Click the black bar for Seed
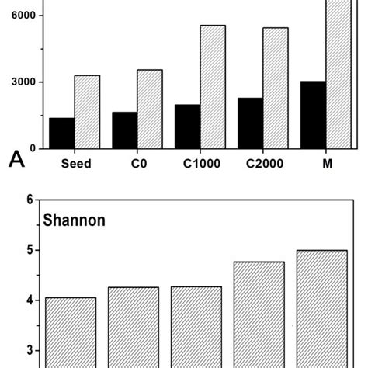pyautogui.click(x=61, y=133)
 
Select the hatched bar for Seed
pyautogui.click(x=87, y=112)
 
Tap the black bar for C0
pyautogui.click(x=124, y=130)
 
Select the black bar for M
pyautogui.click(x=313, y=114)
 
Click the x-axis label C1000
pyautogui.click(x=200, y=164)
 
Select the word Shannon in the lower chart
pyautogui.click(x=75, y=220)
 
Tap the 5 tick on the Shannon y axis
pyautogui.click(x=30, y=250)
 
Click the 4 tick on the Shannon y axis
pyautogui.click(x=30, y=300)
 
